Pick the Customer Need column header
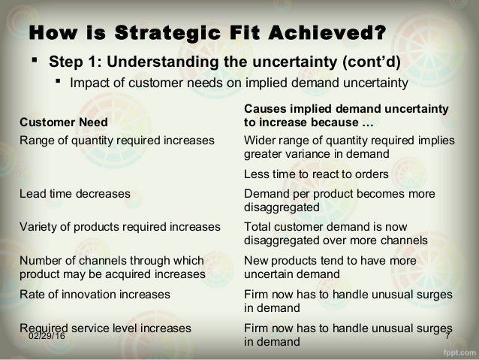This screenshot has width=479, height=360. pos(63,123)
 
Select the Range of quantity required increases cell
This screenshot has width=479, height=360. pos(117,140)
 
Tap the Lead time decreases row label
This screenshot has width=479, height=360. pos(75,193)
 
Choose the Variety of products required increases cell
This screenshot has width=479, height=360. pos(120,226)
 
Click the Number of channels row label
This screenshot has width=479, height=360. pos(113,267)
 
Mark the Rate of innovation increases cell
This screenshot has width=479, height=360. pos(95,294)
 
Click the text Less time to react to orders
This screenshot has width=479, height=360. pos(315,174)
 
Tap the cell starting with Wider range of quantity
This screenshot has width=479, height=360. pos(345,147)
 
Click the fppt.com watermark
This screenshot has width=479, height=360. pos(458,352)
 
